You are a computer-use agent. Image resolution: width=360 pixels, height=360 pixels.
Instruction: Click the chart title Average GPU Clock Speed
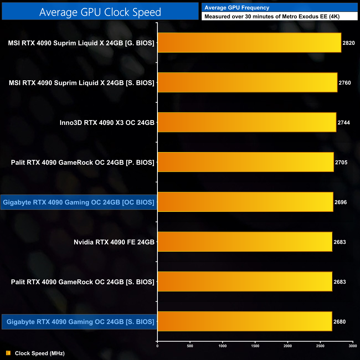click(100, 12)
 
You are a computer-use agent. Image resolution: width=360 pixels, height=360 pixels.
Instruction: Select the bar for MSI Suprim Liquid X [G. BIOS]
click(249, 43)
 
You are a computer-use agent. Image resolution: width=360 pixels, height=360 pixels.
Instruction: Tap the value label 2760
click(344, 83)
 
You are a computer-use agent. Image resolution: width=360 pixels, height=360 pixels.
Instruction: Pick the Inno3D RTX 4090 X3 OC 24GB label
click(107, 123)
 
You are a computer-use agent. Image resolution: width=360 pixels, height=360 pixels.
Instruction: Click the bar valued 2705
click(246, 162)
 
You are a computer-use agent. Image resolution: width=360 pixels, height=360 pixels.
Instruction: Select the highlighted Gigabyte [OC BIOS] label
click(79, 202)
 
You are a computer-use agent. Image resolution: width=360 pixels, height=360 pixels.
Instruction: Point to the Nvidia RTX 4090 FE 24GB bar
click(245, 242)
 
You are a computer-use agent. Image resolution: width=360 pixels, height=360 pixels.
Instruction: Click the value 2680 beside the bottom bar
click(339, 322)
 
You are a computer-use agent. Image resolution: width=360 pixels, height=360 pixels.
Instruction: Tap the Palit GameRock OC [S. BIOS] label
click(83, 282)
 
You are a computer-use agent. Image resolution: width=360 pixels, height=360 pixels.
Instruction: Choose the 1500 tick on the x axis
click(255, 346)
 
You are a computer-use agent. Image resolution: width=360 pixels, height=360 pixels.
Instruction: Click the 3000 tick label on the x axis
click(353, 346)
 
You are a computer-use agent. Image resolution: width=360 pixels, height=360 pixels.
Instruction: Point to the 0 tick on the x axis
click(157, 346)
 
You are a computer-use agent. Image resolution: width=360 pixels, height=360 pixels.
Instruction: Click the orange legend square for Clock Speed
click(8, 353)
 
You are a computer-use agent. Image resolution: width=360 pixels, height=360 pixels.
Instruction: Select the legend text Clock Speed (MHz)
click(40, 353)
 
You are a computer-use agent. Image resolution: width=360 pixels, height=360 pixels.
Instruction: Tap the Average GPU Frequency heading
click(237, 8)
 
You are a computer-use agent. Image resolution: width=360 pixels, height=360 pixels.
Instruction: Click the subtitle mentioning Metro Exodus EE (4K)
click(272, 16)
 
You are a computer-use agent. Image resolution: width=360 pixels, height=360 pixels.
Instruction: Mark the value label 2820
click(348, 43)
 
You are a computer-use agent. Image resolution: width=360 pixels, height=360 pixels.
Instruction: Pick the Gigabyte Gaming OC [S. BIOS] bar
click(245, 322)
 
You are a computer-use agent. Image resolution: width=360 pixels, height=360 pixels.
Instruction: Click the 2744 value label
click(344, 123)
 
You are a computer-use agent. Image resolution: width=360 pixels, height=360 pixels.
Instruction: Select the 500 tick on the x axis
click(190, 346)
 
